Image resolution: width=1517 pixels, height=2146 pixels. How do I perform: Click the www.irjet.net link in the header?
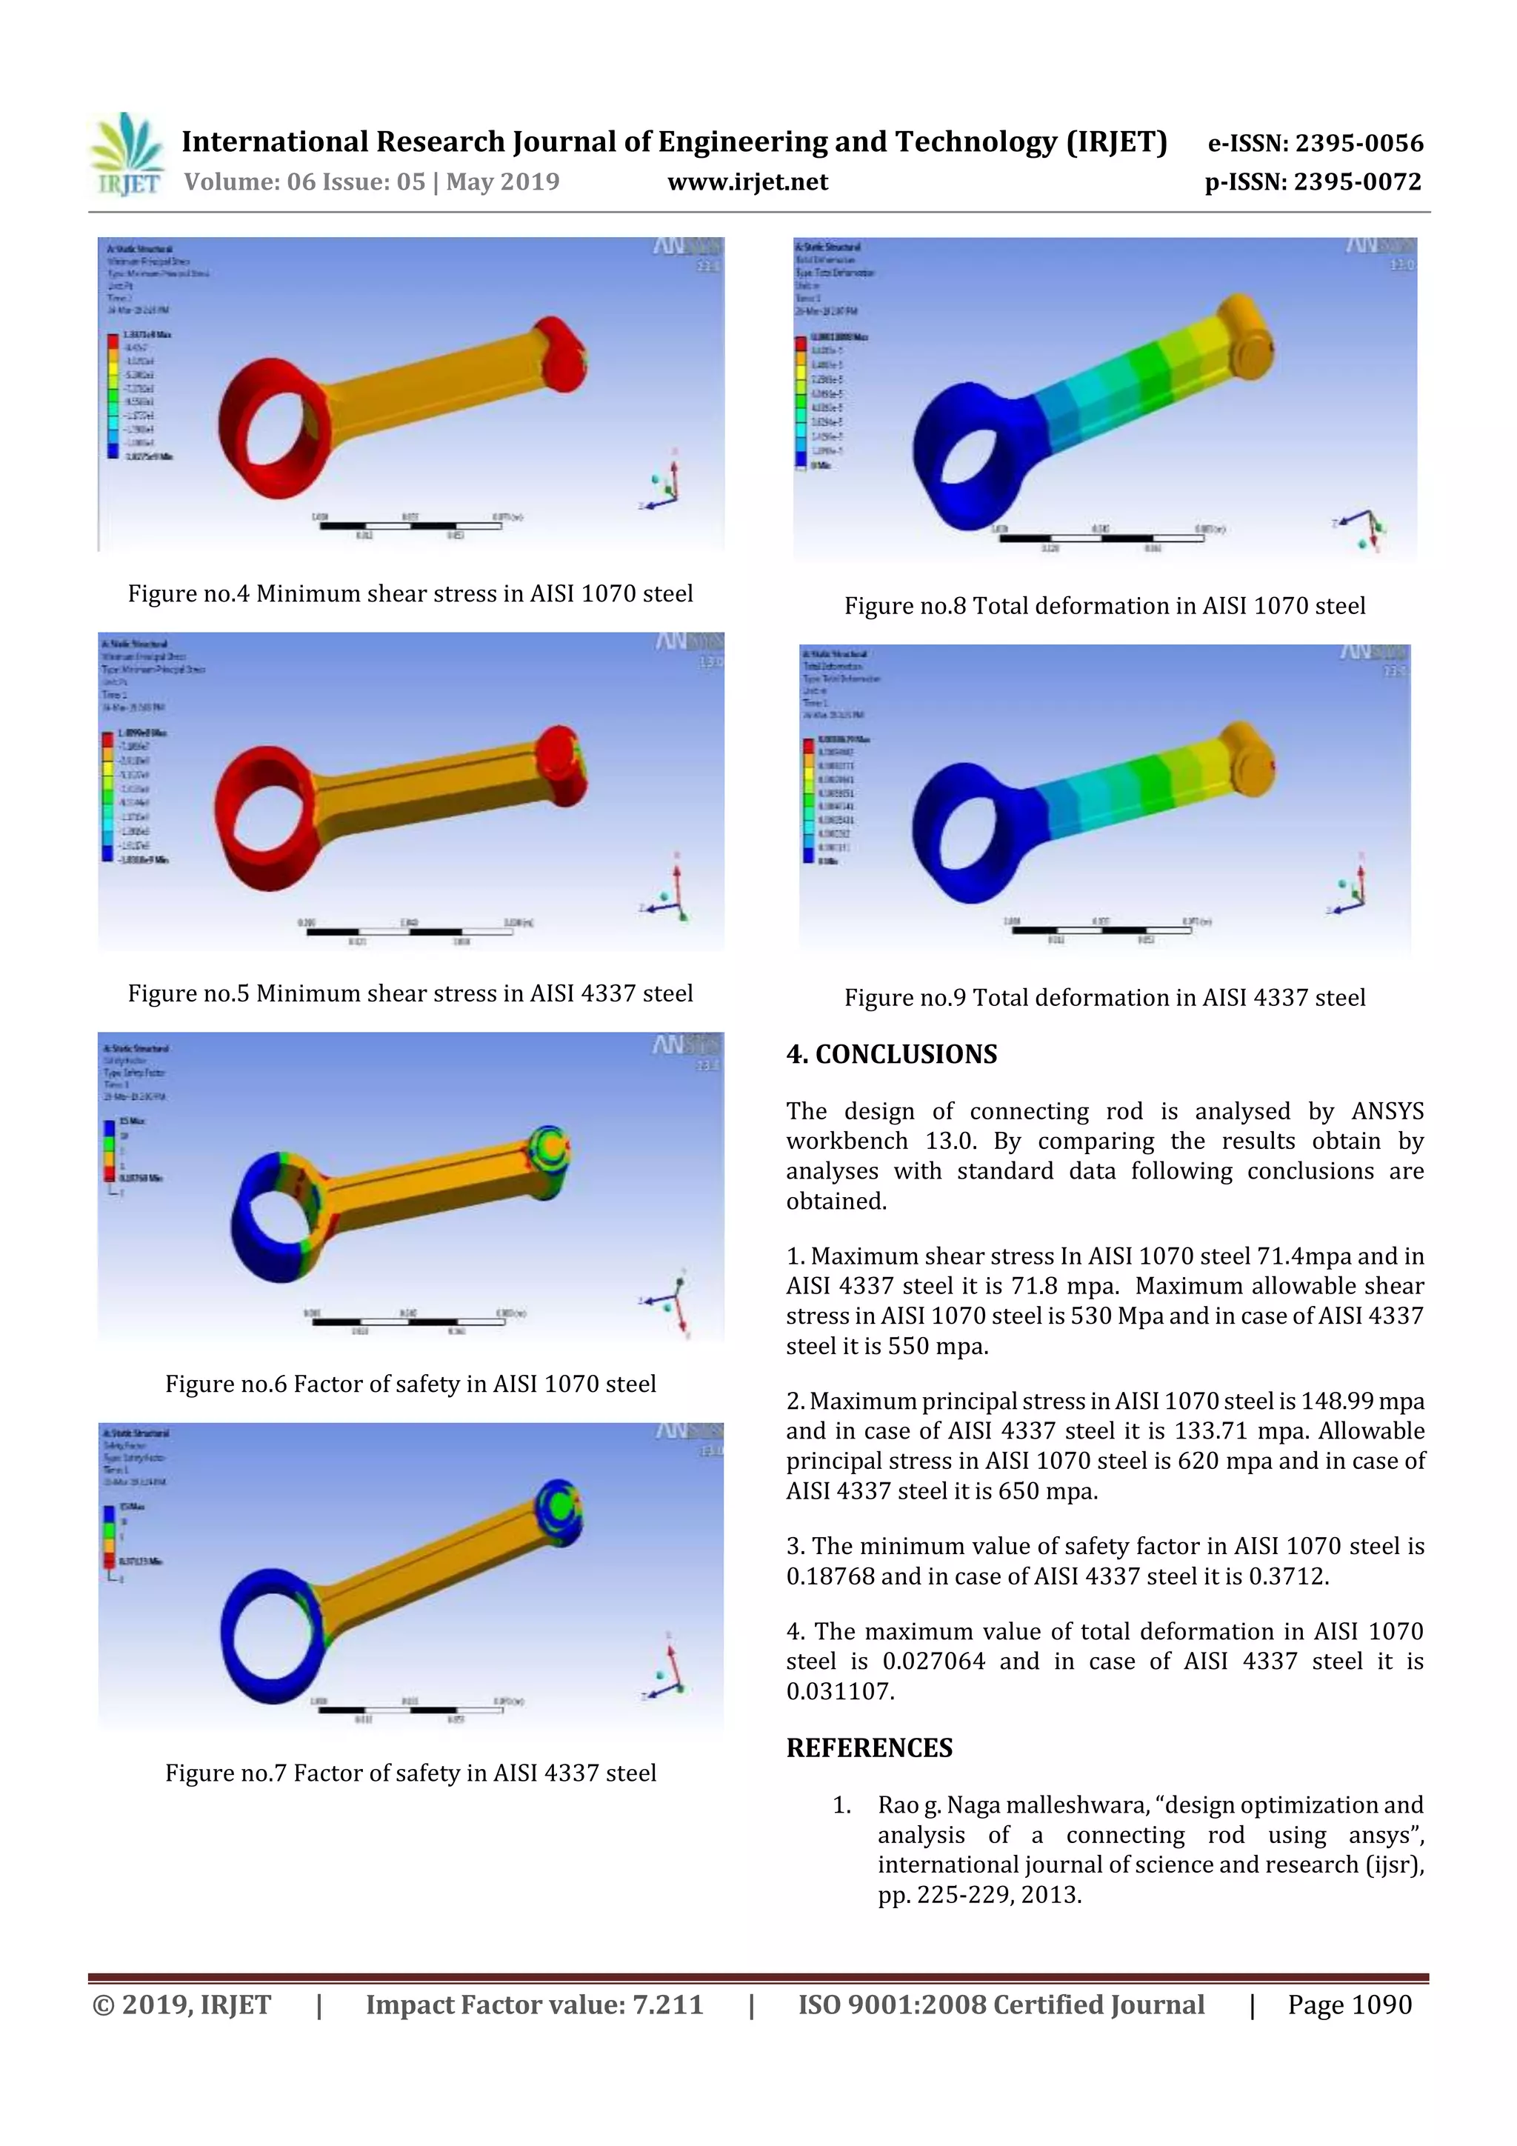747,181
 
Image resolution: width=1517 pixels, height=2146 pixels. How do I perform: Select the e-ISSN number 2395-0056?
1358,143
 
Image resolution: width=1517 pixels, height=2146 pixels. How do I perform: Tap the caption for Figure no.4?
410,593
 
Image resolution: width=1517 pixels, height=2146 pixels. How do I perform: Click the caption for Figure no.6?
410,1383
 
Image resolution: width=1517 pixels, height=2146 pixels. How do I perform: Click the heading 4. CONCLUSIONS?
892,1054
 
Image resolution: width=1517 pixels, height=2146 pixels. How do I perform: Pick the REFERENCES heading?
870,1747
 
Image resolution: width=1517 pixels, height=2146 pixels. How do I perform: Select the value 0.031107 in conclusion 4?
838,1691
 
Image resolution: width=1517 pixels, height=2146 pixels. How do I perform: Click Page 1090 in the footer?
1349,2005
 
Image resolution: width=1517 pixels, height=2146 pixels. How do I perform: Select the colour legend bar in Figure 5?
107,796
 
